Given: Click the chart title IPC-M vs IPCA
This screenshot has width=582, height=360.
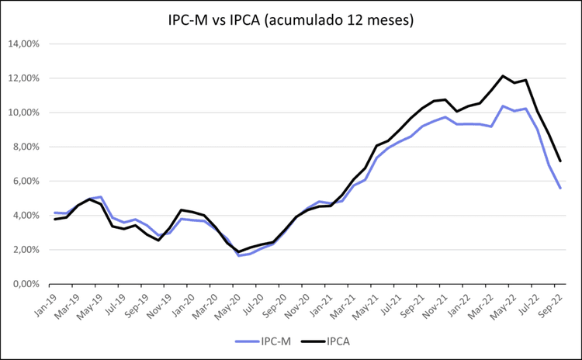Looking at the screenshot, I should click(291, 20).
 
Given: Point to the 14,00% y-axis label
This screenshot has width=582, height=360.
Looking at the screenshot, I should click(24, 44).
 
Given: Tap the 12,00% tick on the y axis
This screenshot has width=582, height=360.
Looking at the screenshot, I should click(24, 78).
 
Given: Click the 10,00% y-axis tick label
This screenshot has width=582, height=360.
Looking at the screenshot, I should click(24, 112).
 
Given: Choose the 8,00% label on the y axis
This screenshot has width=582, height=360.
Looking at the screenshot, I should click(26, 147).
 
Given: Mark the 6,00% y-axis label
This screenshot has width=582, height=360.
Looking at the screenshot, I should click(26, 181).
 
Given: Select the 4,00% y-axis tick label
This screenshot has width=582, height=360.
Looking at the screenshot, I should click(26, 216).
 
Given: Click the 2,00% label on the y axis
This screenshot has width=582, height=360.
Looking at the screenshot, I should click(26, 250).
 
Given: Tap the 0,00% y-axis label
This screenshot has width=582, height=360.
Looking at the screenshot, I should click(26, 284).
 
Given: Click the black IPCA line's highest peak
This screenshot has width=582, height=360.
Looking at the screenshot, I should click(503, 76).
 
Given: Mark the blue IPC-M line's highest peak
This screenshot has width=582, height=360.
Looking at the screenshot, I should click(503, 106).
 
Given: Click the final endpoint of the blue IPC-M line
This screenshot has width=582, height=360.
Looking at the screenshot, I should click(560, 189).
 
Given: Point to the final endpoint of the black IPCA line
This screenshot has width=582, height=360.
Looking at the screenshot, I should click(560, 161).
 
